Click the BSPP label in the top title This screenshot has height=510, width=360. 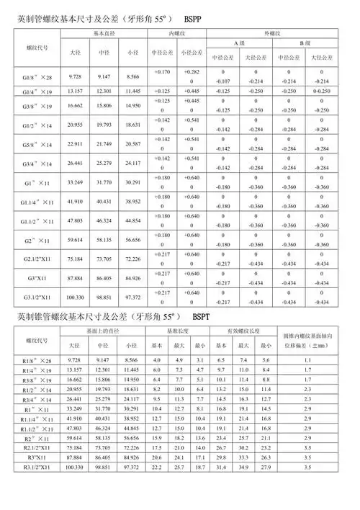pyautogui.click(x=198, y=15)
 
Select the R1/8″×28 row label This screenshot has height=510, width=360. pyautogui.click(x=37, y=359)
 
